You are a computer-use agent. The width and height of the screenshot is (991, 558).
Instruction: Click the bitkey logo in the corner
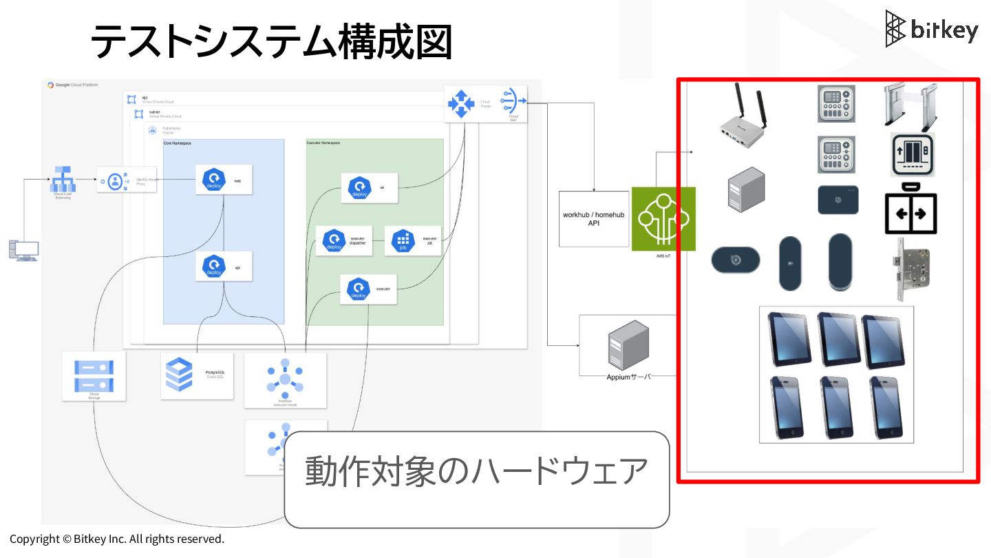click(x=931, y=29)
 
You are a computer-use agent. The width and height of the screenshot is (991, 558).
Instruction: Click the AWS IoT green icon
click(x=663, y=218)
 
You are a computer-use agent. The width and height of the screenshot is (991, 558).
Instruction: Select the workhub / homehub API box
click(x=594, y=219)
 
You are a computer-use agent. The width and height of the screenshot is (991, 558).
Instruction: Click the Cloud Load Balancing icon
click(x=63, y=180)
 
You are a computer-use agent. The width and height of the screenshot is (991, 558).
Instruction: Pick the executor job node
click(x=404, y=241)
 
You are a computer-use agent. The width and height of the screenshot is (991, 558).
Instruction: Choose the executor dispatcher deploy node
click(x=335, y=241)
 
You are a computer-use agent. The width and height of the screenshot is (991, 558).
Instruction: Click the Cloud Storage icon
click(x=94, y=375)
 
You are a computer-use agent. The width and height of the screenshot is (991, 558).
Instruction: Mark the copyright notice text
click(x=117, y=539)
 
